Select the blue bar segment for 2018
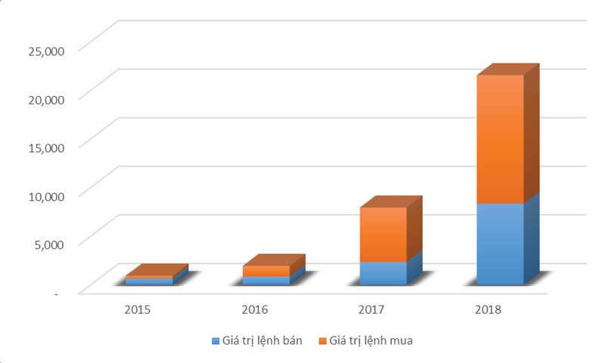click(500, 244)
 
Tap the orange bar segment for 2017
click(383, 234)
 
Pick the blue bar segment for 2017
click(383, 273)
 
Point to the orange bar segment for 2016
click(266, 271)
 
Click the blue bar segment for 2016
click(266, 281)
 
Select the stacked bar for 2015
click(149, 281)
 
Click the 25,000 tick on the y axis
click(47, 50)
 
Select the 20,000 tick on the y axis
click(47, 98)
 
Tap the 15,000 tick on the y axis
click(47, 147)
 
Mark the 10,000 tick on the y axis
click(47, 195)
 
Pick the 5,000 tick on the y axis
click(50, 244)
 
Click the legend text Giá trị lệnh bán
click(262, 341)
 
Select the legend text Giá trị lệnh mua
click(371, 341)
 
